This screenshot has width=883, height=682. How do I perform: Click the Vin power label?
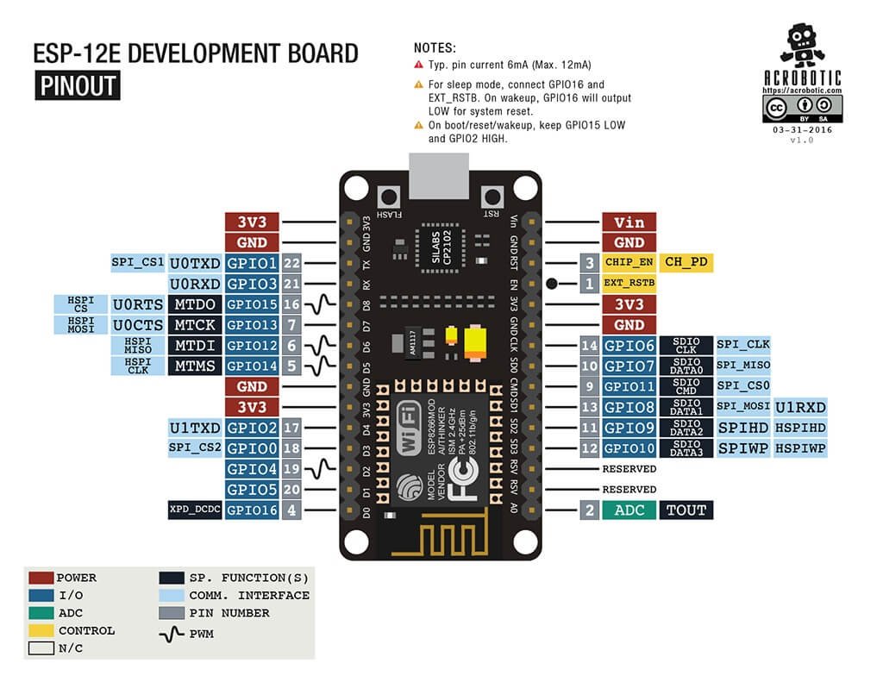coord(629,222)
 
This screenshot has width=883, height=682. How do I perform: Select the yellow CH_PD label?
coord(687,262)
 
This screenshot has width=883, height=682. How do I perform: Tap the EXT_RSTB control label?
coord(629,283)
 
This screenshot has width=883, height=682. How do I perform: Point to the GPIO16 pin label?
coord(252,510)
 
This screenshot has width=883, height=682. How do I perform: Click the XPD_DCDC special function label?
coord(195,510)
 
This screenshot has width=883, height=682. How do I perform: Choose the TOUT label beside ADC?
coord(687,510)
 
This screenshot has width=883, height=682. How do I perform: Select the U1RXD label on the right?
coord(800,407)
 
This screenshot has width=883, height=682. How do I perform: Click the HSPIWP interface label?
coord(800,448)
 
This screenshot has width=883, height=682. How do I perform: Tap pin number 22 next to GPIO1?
coord(291,262)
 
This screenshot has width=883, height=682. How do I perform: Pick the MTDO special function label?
coord(195,304)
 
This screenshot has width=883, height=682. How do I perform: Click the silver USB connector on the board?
coord(440,173)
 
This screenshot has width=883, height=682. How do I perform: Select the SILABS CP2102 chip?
coord(441,247)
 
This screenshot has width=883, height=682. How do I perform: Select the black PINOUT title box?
coord(77,85)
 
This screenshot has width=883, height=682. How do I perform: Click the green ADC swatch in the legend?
coord(41,613)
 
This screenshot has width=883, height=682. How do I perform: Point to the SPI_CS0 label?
coord(742,386)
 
